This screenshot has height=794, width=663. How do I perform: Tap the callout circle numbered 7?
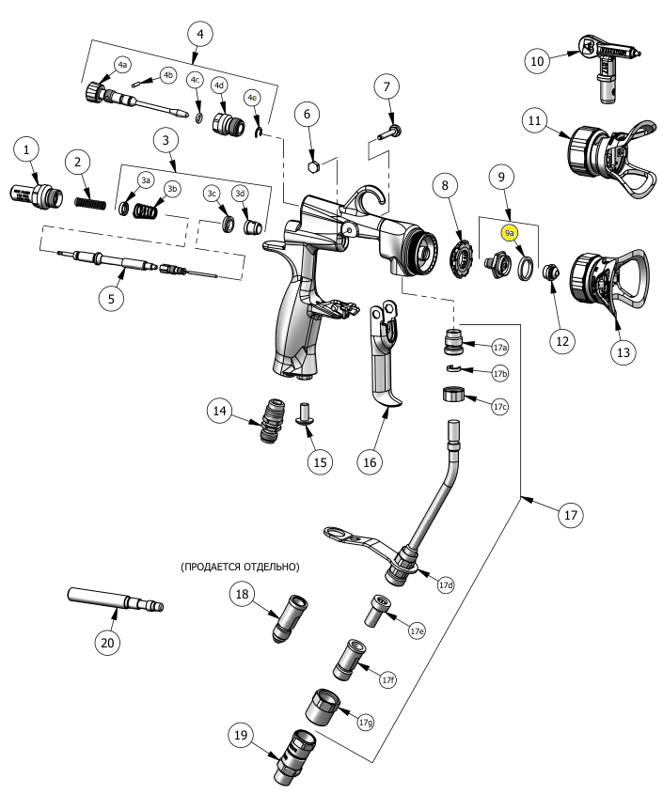coord(385,87)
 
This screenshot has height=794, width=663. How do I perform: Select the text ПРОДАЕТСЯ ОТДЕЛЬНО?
coord(240,567)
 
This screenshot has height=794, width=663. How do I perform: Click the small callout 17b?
coord(499,373)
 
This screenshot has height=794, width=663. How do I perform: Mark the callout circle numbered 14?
coord(220,411)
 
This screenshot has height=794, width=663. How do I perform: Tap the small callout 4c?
coord(196,80)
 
